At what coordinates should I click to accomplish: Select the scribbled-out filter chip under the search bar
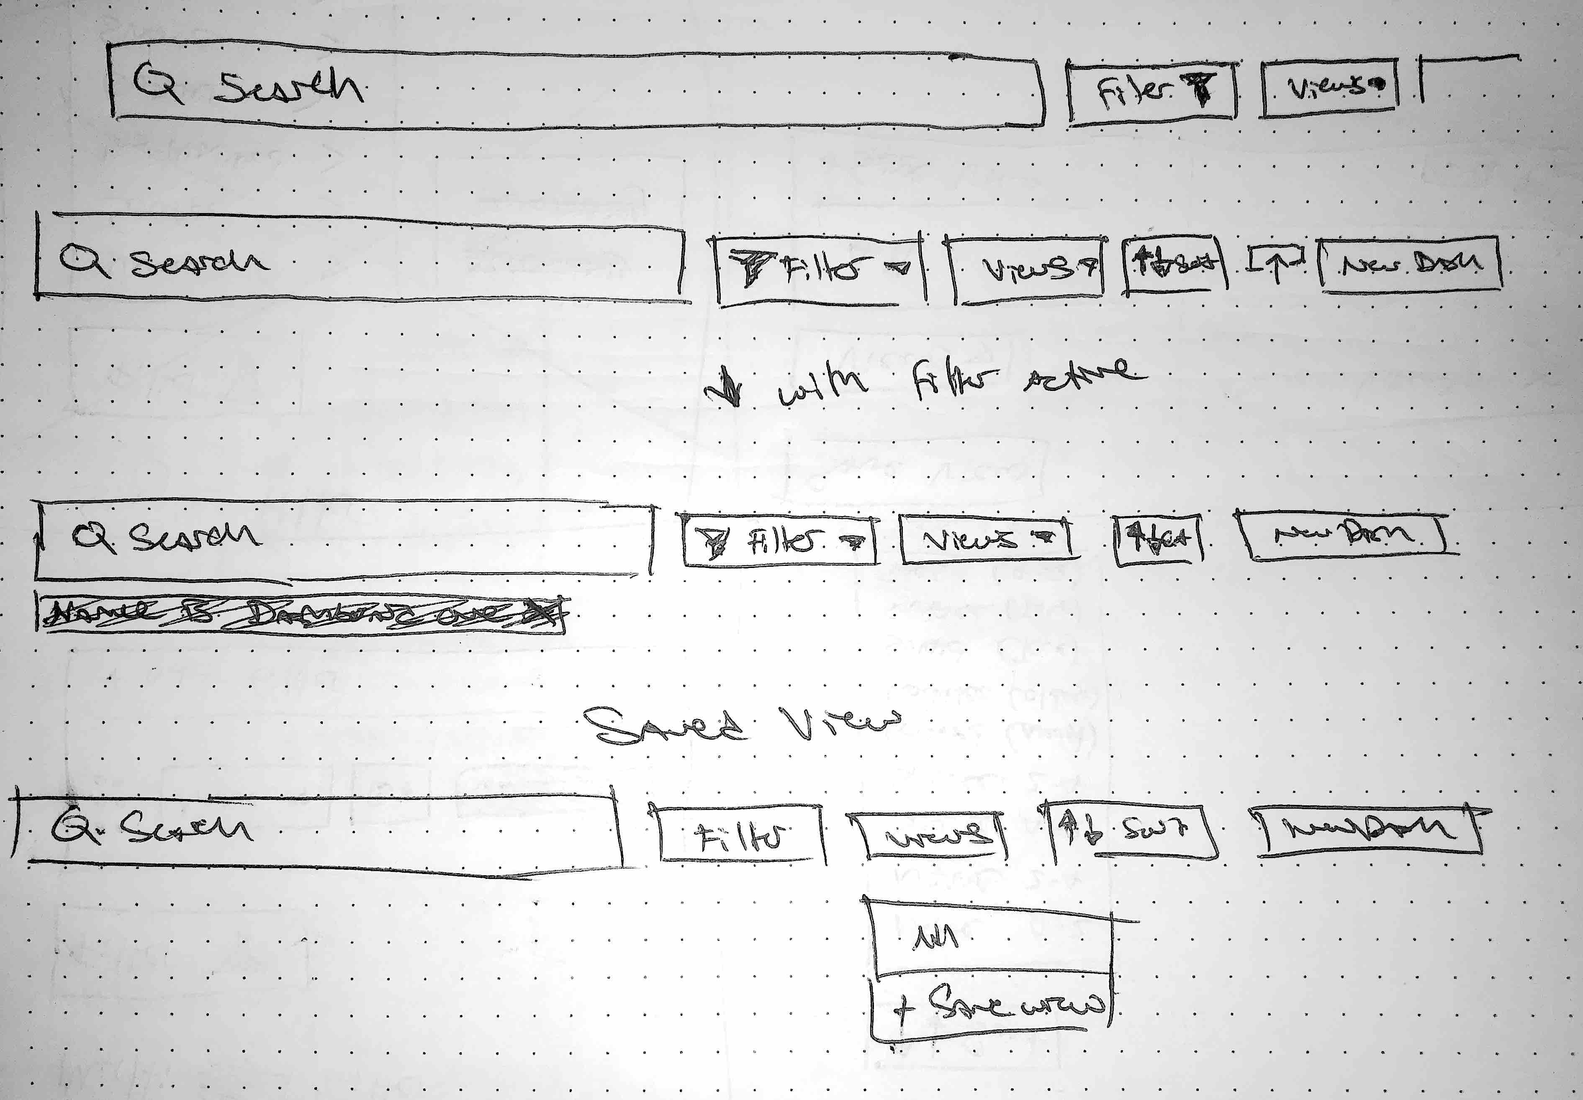pyautogui.click(x=301, y=613)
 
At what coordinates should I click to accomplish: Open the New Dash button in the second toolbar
pyautogui.click(x=1409, y=264)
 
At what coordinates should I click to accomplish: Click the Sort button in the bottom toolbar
pyautogui.click(x=1130, y=830)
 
